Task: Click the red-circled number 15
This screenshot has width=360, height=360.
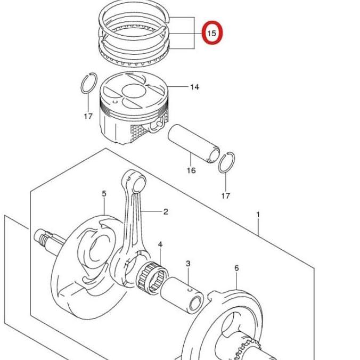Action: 211,33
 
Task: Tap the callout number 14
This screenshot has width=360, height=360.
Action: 194,86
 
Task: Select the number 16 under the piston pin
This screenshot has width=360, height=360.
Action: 191,170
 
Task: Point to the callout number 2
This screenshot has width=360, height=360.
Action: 166,212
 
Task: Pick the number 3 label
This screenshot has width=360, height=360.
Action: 188,264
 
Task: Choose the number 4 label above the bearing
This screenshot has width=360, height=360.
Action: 160,245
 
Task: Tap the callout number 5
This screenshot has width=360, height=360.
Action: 104,193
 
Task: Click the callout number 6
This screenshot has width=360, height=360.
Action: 236,268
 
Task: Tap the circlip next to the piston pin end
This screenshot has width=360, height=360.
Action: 227,163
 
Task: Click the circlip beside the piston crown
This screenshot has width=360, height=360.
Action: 89,84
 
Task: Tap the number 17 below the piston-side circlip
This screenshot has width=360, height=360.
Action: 88,116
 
